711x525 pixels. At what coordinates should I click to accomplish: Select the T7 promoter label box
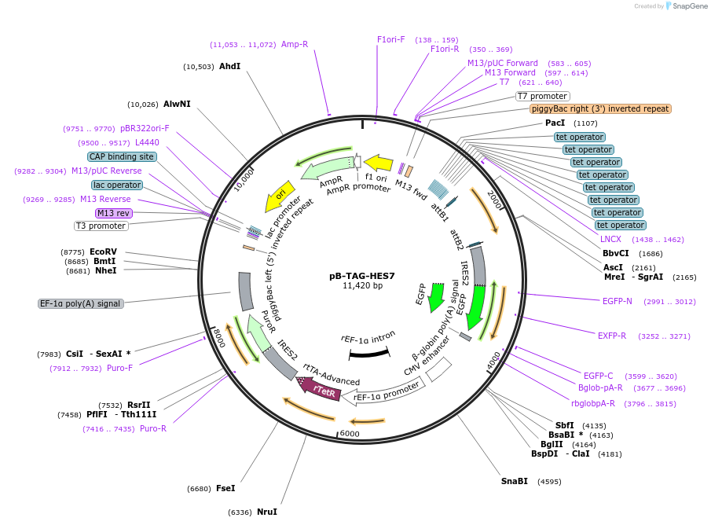pos(542,96)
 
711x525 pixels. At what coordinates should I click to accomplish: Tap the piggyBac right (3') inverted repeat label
pos(600,109)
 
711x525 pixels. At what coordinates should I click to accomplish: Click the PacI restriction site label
pos(555,123)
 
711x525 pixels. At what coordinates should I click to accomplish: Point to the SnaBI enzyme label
pos(515,481)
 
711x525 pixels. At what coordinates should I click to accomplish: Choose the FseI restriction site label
pos(225,488)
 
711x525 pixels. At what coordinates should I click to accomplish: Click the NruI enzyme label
pos(267,512)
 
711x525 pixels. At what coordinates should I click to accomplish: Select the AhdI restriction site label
pos(229,66)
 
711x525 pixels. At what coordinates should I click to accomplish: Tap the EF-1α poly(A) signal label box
pos(81,303)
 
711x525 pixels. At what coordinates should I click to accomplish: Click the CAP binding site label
pos(122,156)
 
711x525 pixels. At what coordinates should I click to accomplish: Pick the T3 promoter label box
pos(101,226)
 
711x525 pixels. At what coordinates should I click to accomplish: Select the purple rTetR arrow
pos(320,388)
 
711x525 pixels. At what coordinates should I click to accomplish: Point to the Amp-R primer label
pos(295,45)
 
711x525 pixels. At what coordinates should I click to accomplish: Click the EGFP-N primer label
pos(622,301)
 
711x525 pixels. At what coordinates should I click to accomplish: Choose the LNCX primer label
pos(610,238)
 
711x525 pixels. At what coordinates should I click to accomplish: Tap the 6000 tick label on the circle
pos(349,433)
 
